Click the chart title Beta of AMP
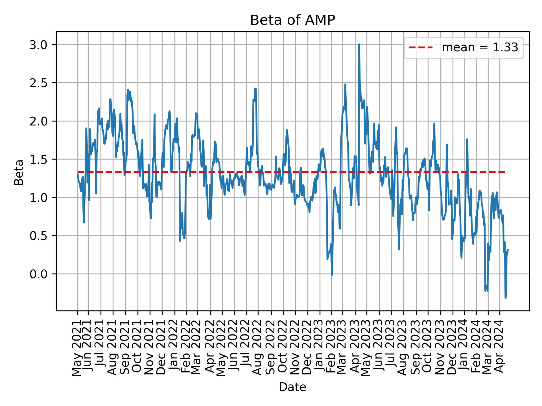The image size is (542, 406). click(x=292, y=20)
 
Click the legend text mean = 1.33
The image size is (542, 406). click(x=480, y=48)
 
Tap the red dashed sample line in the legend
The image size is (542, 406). click(x=421, y=48)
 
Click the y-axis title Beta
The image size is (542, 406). click(x=19, y=172)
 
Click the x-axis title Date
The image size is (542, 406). click(x=292, y=387)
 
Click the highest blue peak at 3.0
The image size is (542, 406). click(x=359, y=45)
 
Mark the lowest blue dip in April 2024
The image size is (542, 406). click(x=505, y=298)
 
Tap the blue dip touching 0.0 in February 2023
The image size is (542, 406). click(x=332, y=275)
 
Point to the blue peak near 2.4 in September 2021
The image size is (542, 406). click(x=128, y=90)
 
